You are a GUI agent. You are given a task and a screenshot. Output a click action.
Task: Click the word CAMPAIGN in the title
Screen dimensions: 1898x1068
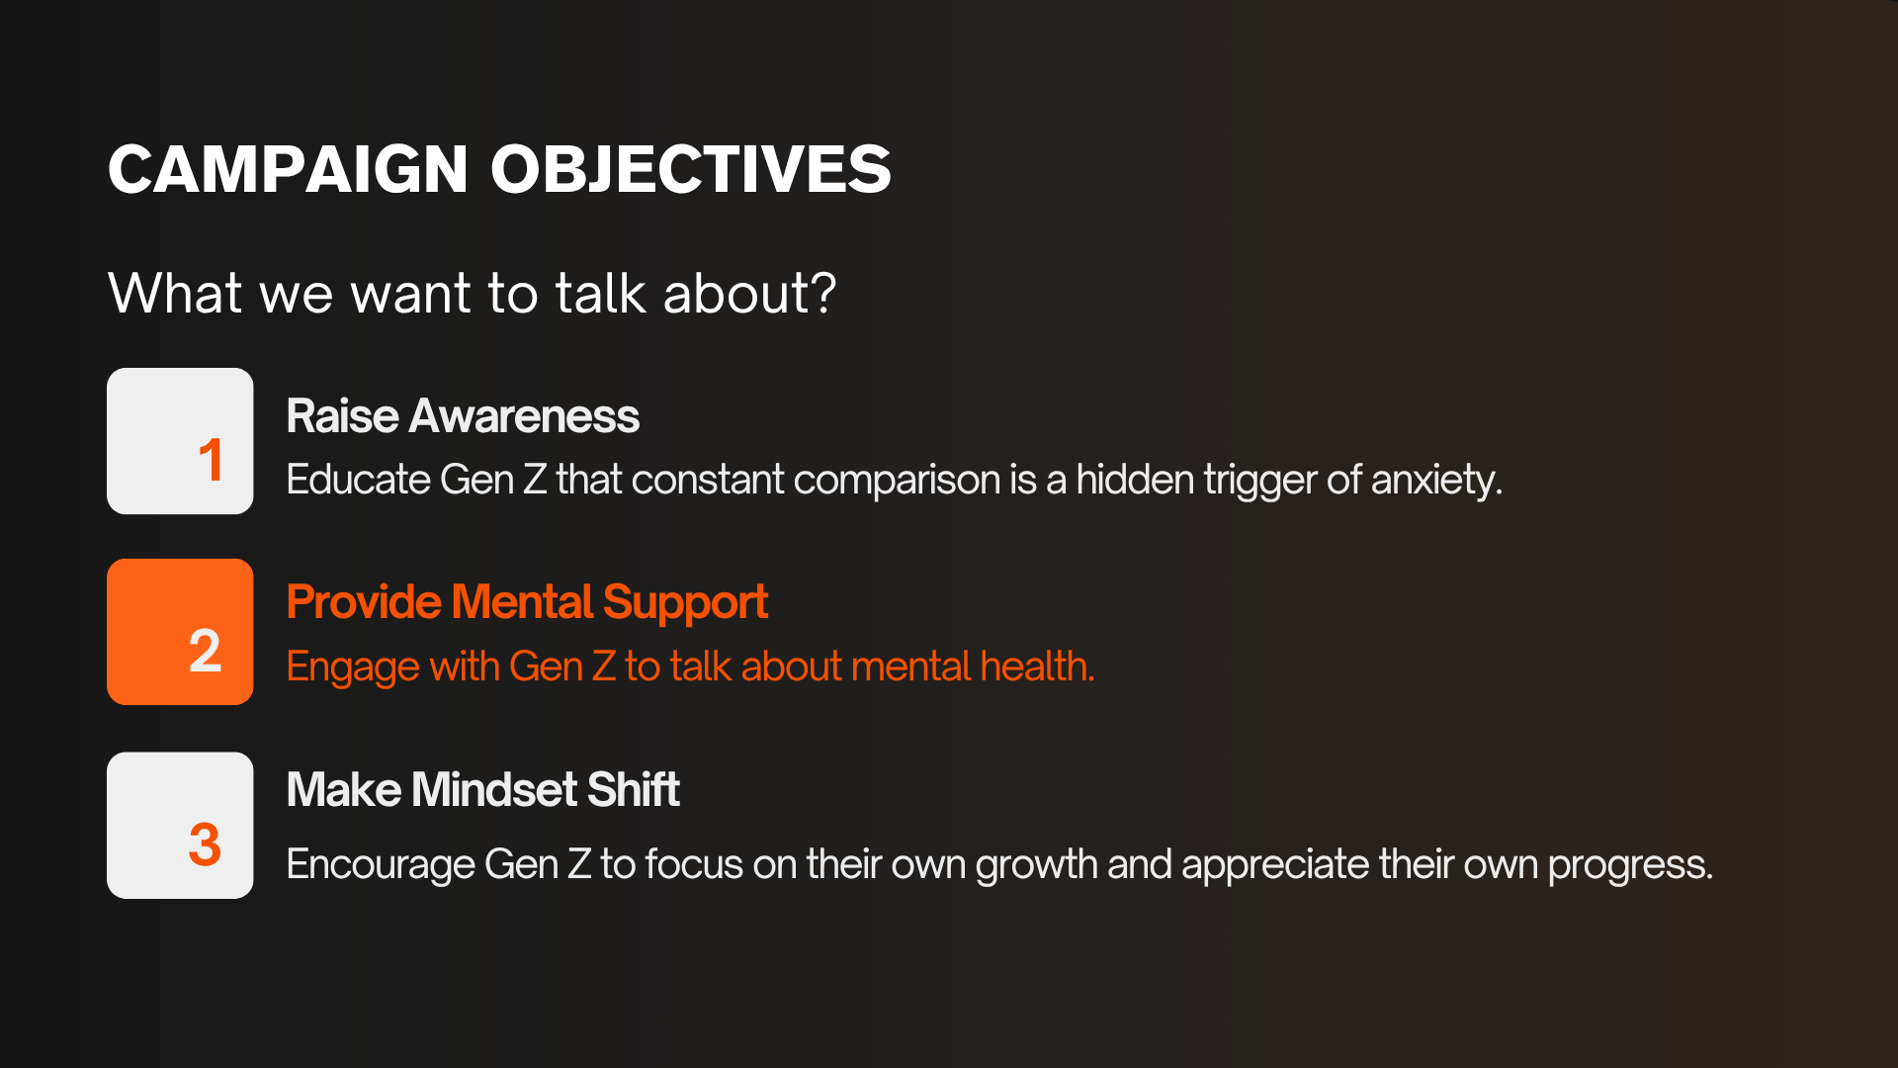point(288,169)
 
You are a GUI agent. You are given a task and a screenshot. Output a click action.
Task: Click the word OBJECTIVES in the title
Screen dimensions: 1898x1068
point(691,169)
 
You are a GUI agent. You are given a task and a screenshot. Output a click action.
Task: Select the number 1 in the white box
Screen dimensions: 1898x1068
point(211,460)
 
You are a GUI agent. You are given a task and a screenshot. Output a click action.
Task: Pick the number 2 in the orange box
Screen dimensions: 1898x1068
point(205,651)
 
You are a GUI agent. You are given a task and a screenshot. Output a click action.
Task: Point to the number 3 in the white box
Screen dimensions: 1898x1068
point(205,845)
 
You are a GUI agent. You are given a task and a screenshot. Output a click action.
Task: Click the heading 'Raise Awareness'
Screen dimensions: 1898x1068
point(463,416)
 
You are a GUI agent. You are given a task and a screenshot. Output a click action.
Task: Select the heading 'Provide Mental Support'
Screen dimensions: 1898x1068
point(527,603)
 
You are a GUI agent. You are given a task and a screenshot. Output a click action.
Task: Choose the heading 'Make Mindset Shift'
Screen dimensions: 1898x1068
point(483,789)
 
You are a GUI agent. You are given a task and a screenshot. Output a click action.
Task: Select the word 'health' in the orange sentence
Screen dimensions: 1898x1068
point(1036,666)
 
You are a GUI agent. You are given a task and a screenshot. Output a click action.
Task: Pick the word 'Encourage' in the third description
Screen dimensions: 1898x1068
point(381,865)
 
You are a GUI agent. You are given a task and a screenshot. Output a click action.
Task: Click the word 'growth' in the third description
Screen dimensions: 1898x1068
point(1036,865)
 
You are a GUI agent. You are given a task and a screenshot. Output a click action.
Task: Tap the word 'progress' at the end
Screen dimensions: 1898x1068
point(1629,865)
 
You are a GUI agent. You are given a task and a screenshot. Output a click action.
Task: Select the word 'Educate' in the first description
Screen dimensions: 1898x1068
point(359,480)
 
